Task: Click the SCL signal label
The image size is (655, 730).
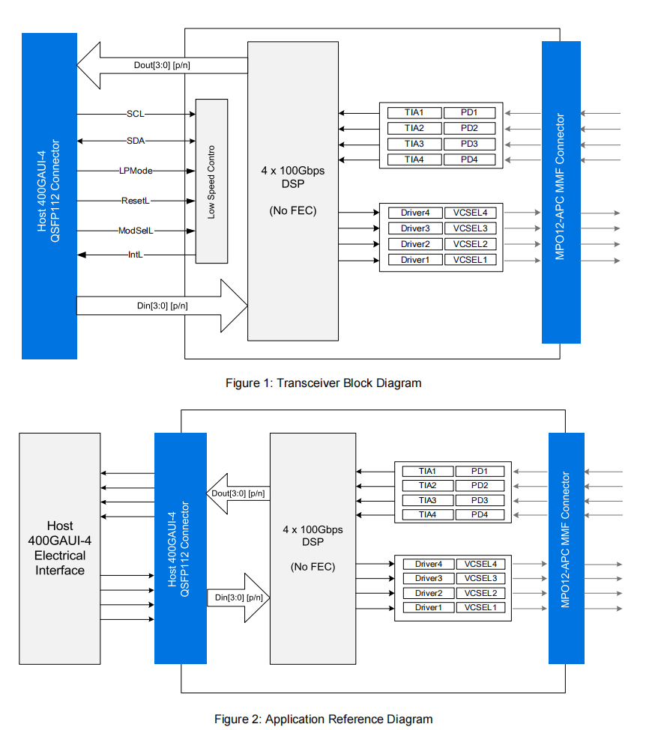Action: point(136,114)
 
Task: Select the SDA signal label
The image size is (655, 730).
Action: point(136,141)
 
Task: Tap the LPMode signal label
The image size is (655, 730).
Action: point(136,171)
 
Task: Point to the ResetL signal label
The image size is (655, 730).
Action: point(136,201)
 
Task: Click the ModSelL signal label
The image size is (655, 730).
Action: point(136,231)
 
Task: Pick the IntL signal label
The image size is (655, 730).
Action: point(135,255)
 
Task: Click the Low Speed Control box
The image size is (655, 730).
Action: point(211,181)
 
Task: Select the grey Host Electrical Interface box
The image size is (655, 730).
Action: point(60,549)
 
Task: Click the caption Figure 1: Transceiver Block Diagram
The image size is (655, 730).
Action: point(323,383)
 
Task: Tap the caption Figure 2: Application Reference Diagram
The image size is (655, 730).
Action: point(323,720)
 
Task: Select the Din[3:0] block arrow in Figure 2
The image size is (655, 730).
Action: point(239,597)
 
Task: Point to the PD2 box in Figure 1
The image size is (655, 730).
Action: point(469,128)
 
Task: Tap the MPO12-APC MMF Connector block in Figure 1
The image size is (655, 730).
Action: point(561,192)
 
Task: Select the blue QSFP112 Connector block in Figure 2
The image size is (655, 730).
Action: point(180,548)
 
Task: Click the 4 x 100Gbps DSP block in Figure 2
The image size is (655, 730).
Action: point(313,548)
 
